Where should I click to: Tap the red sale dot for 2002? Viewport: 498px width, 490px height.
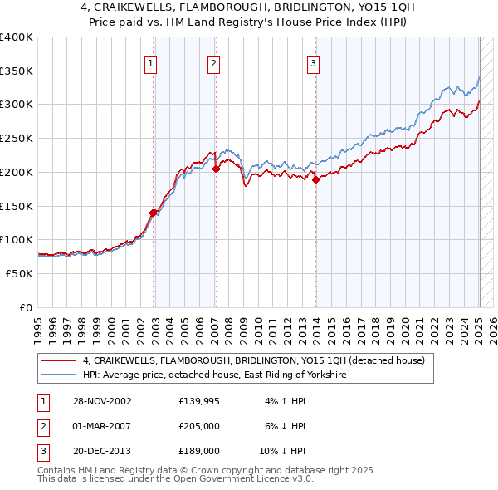[154, 213]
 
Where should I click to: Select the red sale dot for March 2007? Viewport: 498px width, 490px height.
[216, 169]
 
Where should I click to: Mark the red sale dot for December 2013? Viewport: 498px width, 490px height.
[316, 179]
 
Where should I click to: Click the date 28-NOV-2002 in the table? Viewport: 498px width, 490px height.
[101, 402]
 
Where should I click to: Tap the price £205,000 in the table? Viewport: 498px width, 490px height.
[199, 427]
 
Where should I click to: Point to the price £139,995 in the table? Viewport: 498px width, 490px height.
[199, 402]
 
